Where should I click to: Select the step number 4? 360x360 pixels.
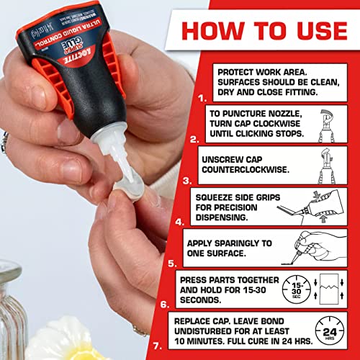tap(186, 218)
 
